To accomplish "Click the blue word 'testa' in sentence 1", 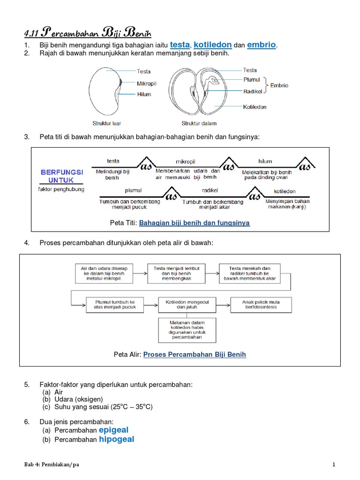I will pos(180,45).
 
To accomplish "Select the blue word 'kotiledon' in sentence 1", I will pos(213,45).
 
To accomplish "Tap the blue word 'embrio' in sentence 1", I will pos(262,45).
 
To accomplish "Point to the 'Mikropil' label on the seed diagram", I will pos(146,83).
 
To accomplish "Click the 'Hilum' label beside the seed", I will pos(144,94).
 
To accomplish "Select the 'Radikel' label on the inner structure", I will pos(252,91).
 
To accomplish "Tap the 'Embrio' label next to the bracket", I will pos(279,86).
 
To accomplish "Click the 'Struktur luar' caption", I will pos(106,124).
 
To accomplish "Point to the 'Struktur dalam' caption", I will pos(199,124).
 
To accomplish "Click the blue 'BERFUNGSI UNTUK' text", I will pos(62,176).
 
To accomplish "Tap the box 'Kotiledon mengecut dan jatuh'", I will pos(181,305).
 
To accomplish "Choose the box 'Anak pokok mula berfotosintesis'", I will pos(261,305).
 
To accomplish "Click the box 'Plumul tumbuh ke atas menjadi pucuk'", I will pos(115,305).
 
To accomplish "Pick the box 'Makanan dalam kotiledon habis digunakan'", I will pos(181,330).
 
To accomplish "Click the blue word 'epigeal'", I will pos(113,430).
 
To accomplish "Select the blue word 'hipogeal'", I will pos(116,439).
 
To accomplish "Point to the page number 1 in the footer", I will pos(334,465).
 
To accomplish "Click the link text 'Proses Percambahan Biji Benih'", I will pos(195,354).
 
